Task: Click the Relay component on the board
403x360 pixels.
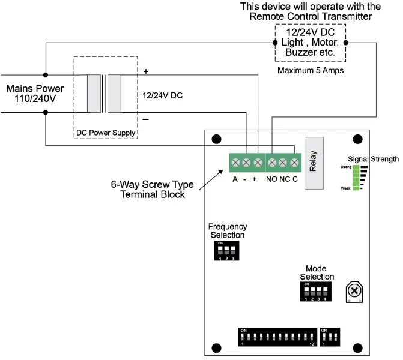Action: click(314, 163)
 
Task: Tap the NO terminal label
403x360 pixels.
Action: click(271, 179)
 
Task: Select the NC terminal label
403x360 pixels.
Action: click(283, 179)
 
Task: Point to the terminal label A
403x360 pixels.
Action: click(235, 179)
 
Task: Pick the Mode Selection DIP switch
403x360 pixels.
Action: click(315, 292)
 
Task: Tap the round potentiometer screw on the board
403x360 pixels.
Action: click(354, 291)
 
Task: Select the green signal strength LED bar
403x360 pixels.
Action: click(356, 178)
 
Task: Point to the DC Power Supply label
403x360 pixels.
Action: click(106, 133)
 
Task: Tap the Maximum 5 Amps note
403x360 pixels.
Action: click(310, 70)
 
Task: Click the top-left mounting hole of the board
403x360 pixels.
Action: click(216, 139)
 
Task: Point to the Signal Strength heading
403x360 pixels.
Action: click(373, 159)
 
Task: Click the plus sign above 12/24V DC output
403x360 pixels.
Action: click(145, 71)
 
